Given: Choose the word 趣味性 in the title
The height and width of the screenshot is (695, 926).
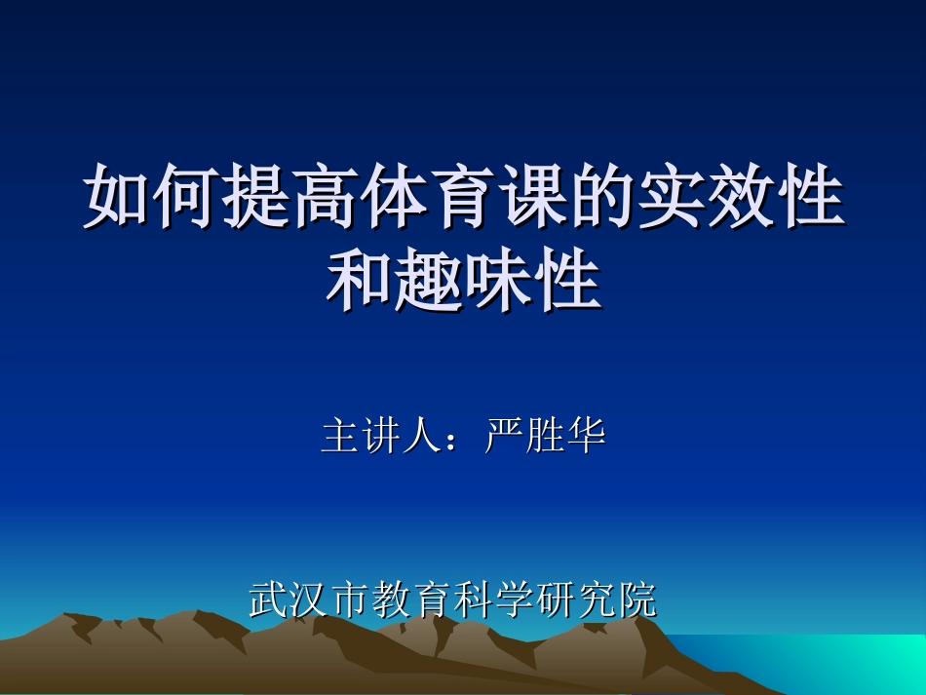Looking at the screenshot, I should click(x=498, y=283).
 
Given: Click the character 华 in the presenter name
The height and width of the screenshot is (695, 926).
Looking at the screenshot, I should click(x=587, y=437).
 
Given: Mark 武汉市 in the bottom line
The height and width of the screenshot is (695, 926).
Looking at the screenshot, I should click(x=310, y=599).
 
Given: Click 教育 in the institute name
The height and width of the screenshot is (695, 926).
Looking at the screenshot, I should click(x=412, y=599).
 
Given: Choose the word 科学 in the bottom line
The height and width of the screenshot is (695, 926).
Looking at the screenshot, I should click(x=494, y=599).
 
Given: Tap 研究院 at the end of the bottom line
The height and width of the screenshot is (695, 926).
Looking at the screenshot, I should click(x=597, y=599).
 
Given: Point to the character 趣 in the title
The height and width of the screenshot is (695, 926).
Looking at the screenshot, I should click(x=429, y=283).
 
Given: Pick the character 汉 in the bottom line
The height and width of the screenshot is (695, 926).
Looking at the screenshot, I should click(x=310, y=599).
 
